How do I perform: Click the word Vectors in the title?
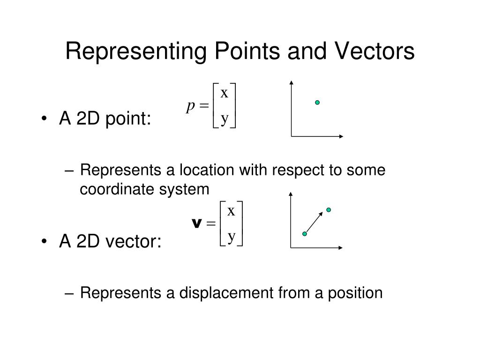point(375,51)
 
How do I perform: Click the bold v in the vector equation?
point(196,223)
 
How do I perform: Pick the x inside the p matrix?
point(225,93)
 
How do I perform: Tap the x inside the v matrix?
point(231,211)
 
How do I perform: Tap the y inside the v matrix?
point(232,237)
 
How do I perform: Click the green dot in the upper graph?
point(317,103)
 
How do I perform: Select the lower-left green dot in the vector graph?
point(305,234)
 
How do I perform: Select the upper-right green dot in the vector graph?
point(329,210)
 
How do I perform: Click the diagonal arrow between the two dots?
point(315,222)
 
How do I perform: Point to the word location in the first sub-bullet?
point(207,170)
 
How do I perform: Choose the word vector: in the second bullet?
point(133,241)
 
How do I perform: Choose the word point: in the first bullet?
point(128,119)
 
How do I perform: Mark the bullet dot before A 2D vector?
point(44,241)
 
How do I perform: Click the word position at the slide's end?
point(355,293)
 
